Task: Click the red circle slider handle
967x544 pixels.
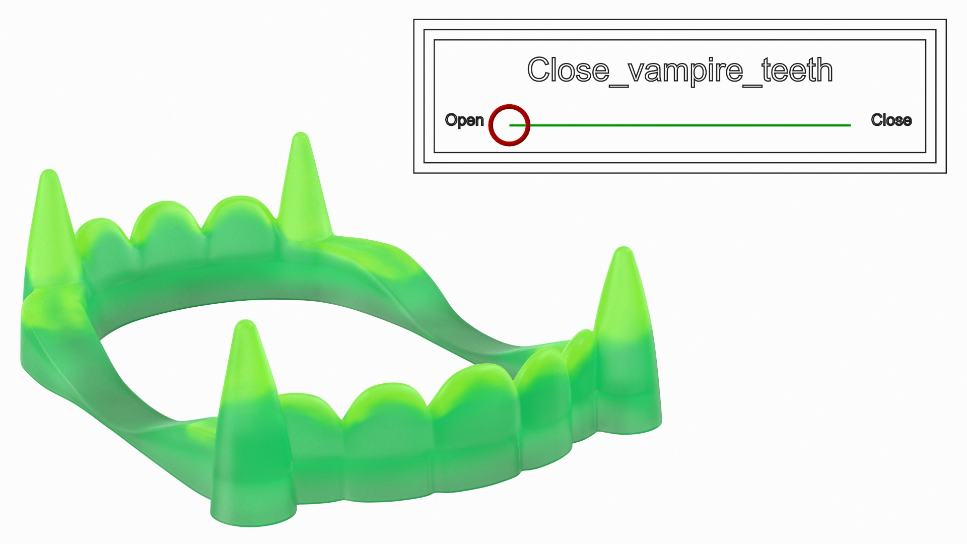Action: tap(509, 125)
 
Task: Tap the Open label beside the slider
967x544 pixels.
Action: tap(464, 120)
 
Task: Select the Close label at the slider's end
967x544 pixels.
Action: tap(891, 120)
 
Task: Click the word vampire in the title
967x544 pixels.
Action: tap(685, 70)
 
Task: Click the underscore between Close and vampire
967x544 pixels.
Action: tap(619, 85)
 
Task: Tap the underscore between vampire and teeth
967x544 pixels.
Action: tap(752, 85)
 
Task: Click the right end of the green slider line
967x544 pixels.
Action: tap(850, 125)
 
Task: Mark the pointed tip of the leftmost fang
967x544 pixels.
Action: tap(49, 174)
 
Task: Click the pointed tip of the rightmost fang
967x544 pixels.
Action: tap(624, 250)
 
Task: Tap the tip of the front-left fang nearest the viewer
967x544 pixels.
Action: tap(245, 323)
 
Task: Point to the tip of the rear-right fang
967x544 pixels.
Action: tap(301, 136)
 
